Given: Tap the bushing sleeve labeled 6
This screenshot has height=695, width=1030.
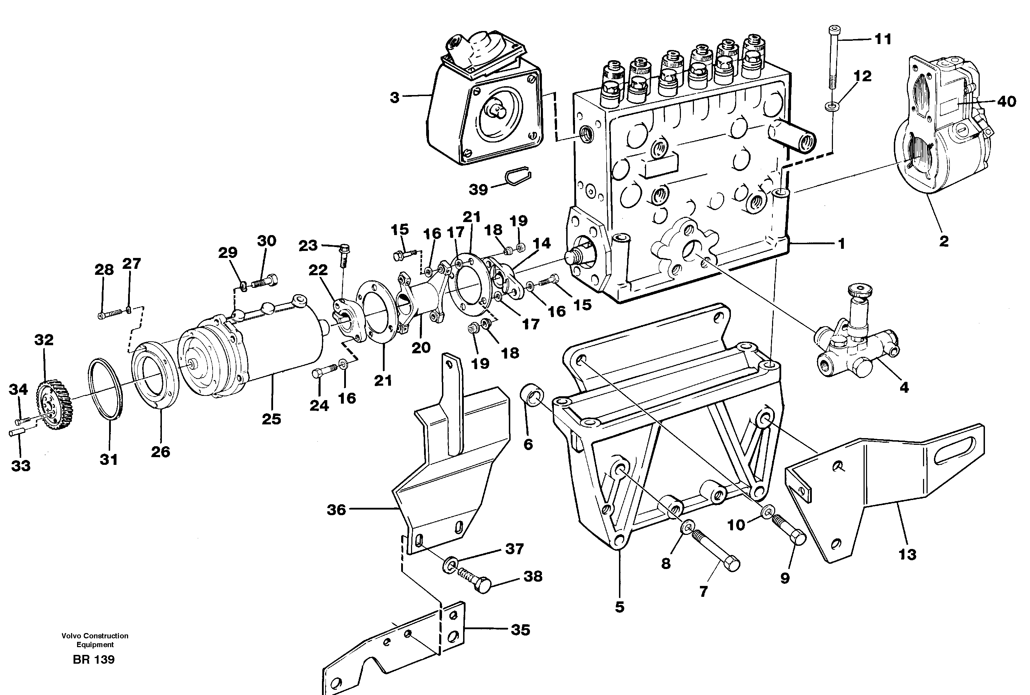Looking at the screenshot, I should [531, 395].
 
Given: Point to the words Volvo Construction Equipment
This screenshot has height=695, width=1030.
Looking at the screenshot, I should [95, 640].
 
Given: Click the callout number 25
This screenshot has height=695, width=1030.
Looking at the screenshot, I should [271, 419].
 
